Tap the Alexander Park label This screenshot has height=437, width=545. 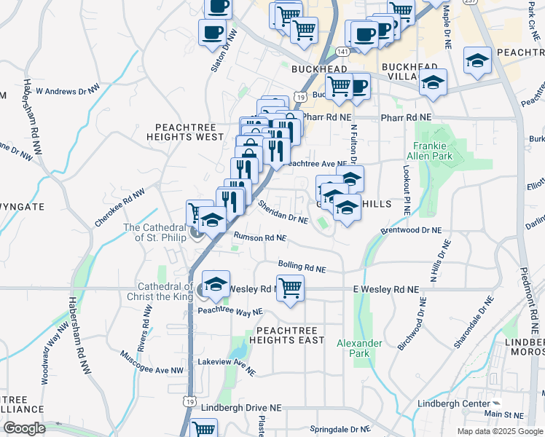[359, 348]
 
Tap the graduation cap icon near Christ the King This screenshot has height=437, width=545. [216, 285]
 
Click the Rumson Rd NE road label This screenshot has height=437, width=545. [259, 237]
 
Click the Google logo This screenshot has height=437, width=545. [25, 428]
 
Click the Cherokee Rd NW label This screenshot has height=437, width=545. [120, 208]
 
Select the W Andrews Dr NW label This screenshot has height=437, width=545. [67, 91]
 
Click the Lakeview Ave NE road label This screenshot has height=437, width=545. [227, 366]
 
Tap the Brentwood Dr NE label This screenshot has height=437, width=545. [411, 231]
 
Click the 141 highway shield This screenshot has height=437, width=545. [341, 51]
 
